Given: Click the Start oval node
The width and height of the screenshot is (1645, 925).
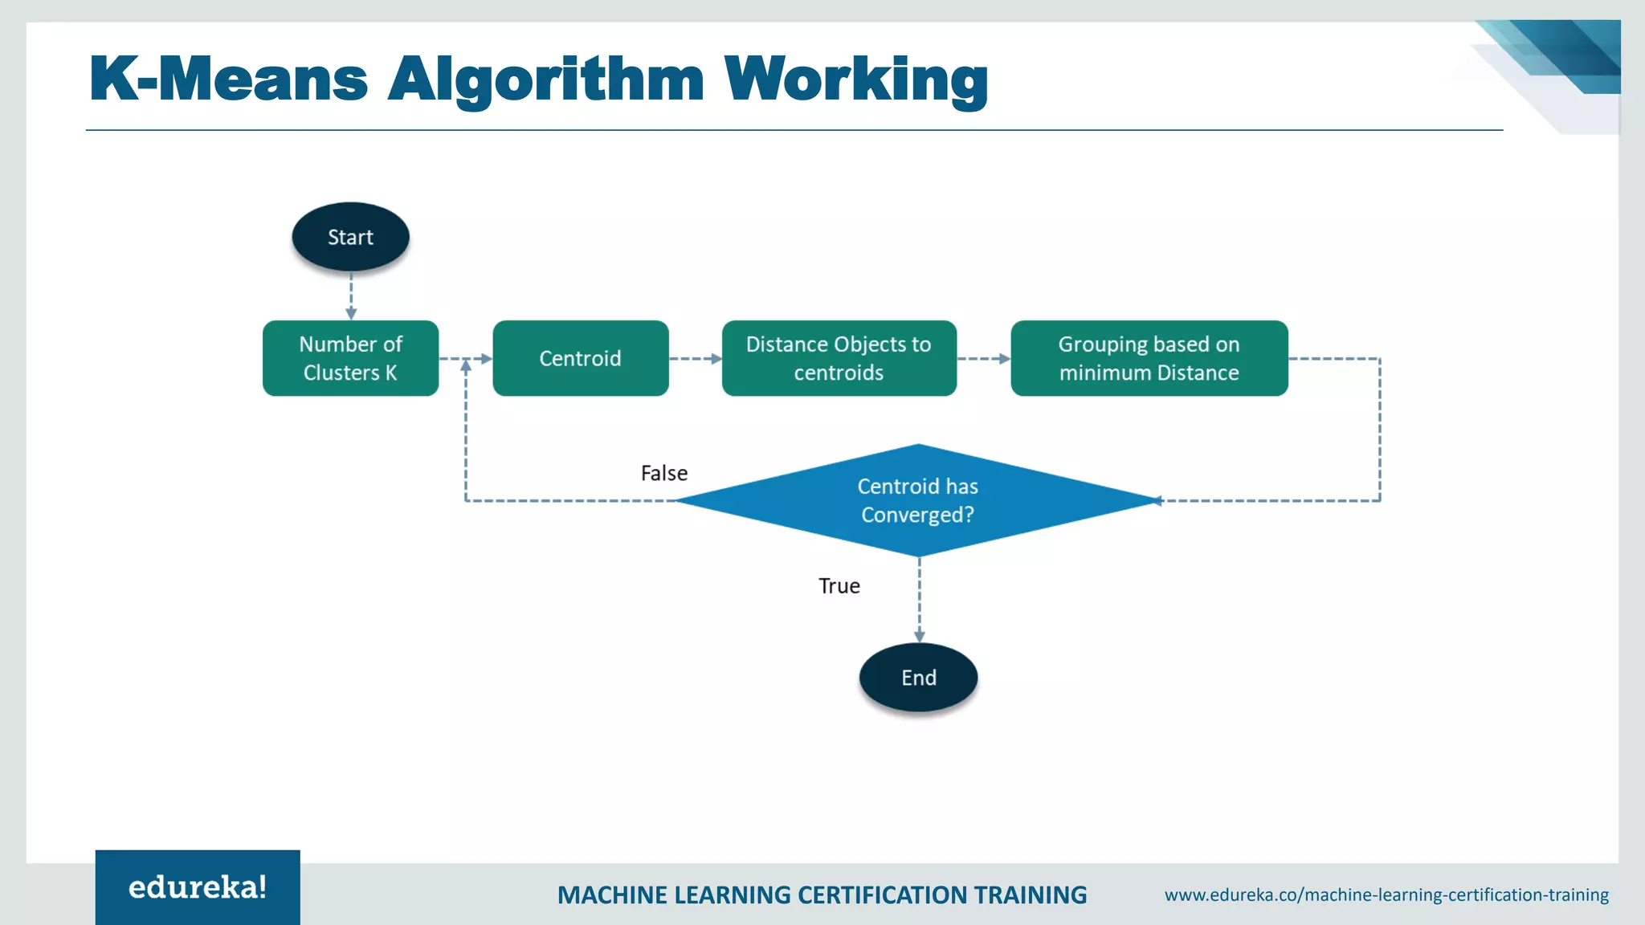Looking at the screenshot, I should click(x=350, y=237).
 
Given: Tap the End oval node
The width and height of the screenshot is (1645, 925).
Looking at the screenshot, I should click(x=918, y=677).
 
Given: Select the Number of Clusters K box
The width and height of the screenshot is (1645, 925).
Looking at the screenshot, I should click(x=350, y=358).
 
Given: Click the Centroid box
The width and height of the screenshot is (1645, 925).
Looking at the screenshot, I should click(x=580, y=358).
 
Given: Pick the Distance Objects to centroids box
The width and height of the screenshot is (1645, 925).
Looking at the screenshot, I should click(x=839, y=358).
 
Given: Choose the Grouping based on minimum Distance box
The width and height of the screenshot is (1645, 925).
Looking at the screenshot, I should click(x=1149, y=358).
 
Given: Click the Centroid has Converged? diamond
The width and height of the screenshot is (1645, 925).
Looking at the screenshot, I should click(x=918, y=500).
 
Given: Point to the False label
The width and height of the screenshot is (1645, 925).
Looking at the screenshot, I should click(x=663, y=473).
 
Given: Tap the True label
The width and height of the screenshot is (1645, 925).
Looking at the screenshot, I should click(x=839, y=586).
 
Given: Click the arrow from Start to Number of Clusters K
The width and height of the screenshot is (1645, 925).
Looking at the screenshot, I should click(x=351, y=297).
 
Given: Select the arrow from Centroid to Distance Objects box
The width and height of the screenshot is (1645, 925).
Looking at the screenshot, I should click(x=695, y=359).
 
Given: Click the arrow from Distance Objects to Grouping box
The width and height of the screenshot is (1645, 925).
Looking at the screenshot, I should click(x=983, y=359).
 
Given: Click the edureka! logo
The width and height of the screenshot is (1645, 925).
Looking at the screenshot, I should click(x=198, y=887).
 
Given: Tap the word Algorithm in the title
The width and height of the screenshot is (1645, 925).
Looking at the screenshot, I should click(x=546, y=79).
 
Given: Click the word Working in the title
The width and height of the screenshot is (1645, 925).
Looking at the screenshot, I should click(x=855, y=79).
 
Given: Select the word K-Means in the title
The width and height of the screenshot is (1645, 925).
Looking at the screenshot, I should click(x=229, y=79).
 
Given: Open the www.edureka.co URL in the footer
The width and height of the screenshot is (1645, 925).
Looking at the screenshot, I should click(x=1386, y=894).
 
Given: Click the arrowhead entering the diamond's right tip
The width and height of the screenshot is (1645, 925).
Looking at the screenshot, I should click(x=1158, y=501).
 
